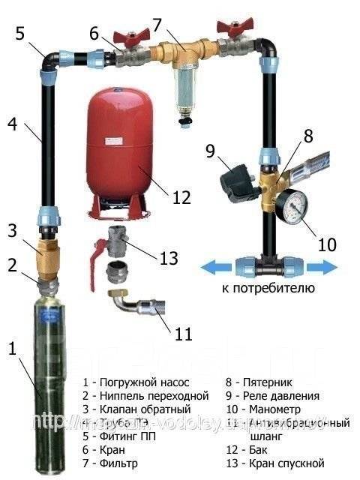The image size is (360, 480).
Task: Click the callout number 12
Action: [x=182, y=197]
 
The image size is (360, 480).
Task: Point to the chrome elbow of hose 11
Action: [x=124, y=306]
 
